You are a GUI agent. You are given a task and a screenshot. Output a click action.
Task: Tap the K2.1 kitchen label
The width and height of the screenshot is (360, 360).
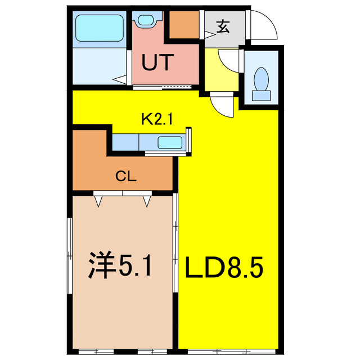159,119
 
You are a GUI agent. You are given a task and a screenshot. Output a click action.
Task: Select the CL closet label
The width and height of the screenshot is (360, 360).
127,176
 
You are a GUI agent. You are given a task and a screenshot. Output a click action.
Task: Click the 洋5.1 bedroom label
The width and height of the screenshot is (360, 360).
120,264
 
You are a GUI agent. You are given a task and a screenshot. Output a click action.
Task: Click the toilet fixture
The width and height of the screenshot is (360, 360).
261,83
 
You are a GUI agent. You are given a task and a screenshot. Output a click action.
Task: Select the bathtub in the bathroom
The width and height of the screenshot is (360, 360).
99,28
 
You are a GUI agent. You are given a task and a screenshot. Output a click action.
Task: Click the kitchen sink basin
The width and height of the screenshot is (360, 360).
169,142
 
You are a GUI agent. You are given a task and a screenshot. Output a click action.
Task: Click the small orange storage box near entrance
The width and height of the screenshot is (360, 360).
183,24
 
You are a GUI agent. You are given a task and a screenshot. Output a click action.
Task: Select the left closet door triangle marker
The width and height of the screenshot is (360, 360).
99,199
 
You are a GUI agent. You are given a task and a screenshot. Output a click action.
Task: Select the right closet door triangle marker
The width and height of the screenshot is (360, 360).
147,199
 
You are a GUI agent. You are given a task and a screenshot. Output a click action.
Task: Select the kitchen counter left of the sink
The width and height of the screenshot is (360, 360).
128,142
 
